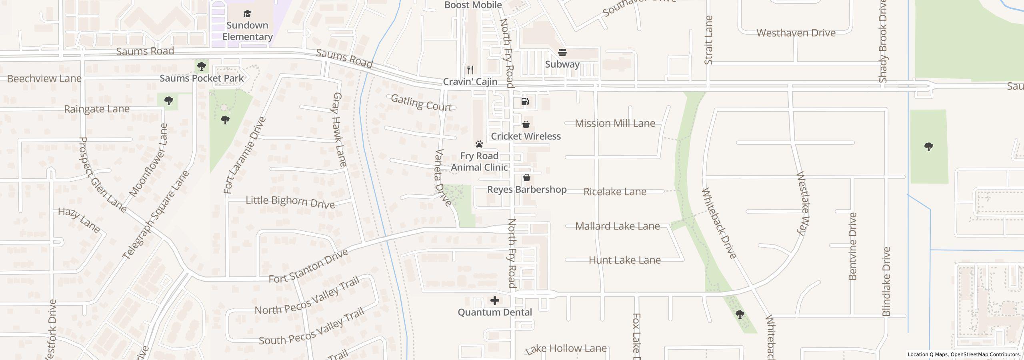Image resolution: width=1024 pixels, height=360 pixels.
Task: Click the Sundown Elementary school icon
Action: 247,14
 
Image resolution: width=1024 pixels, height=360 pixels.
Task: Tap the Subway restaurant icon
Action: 562,52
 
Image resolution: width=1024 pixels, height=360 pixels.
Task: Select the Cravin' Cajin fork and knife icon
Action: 470,70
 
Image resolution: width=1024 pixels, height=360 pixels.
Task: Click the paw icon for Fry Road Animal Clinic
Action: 479,144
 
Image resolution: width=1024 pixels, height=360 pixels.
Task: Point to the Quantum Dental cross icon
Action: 495,300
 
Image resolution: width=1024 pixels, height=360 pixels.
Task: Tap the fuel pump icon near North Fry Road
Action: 525,102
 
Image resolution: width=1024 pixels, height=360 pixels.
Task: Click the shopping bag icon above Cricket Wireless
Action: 526,124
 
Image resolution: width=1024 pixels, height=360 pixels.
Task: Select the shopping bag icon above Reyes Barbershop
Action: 527,178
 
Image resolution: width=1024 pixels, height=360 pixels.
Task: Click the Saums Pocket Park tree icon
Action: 202,66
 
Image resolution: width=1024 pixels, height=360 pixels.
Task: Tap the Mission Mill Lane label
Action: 615,123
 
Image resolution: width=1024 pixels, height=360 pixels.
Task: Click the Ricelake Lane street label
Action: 615,192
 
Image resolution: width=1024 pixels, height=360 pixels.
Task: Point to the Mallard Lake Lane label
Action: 617,226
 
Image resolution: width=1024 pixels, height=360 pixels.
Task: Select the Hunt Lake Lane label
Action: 624,260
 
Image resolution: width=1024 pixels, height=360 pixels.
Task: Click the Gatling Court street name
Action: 421,103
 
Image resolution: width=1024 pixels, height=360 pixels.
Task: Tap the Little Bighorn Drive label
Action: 290,202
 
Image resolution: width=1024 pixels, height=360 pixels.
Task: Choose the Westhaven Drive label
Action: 796,33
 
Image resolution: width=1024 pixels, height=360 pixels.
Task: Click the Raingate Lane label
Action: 97,109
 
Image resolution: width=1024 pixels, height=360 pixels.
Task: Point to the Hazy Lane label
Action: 79,220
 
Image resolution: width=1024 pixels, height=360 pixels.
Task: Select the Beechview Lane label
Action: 44,78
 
